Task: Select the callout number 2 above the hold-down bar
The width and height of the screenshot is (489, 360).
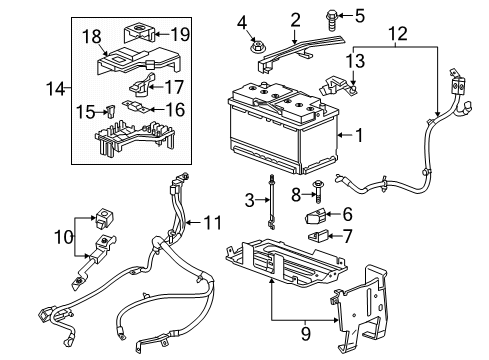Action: click(295, 20)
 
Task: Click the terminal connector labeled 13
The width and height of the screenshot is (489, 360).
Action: click(331, 87)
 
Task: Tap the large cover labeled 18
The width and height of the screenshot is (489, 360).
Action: click(120, 58)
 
